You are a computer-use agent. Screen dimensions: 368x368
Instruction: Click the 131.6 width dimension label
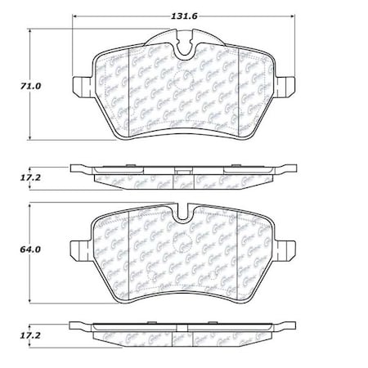pyautogui.click(x=182, y=8)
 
